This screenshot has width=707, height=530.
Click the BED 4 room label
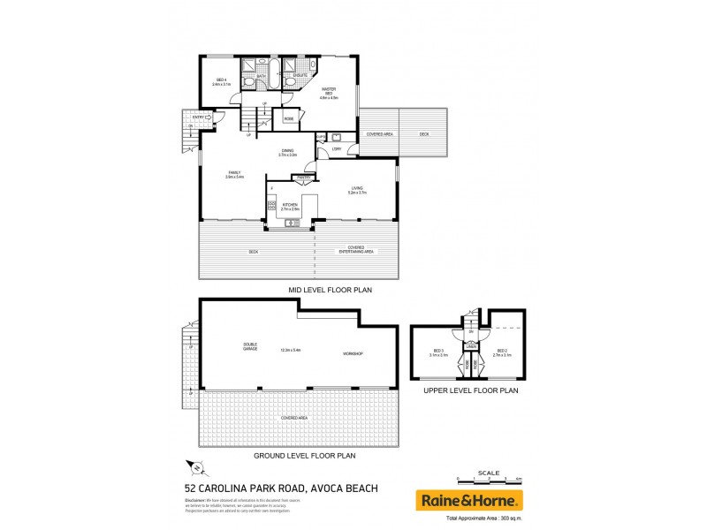click(x=220, y=81)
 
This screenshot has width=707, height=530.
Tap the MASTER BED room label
click(x=329, y=91)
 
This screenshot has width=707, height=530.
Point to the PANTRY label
click(x=302, y=178)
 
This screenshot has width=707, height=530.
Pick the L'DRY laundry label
click(x=337, y=149)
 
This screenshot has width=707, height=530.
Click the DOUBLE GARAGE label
click(x=250, y=346)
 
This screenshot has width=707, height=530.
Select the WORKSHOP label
click(x=353, y=353)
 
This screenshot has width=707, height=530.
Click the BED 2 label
click(x=502, y=351)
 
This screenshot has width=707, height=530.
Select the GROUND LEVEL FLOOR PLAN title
click(x=304, y=456)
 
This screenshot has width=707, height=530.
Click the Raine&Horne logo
click(x=468, y=500)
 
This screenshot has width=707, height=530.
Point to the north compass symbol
click(x=197, y=469)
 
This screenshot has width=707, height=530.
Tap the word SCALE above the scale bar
click(x=487, y=472)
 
